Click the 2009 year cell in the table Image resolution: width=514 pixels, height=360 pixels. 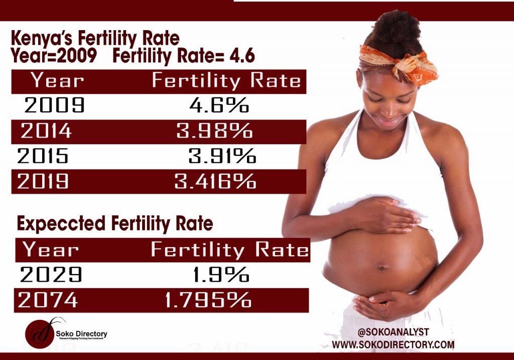[55, 105]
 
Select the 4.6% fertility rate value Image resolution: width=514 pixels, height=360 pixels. [219, 105]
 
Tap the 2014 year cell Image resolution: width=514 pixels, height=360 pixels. [46, 131]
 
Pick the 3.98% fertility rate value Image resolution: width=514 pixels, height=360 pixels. [214, 131]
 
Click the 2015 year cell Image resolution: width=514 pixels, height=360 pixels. [43, 157]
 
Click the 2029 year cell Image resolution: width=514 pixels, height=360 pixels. [51, 275]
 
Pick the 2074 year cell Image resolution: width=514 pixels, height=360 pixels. [48, 300]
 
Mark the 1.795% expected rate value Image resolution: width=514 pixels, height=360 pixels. [208, 300]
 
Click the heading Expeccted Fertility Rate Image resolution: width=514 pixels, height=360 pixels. [115, 223]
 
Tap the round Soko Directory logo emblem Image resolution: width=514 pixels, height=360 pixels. [40, 332]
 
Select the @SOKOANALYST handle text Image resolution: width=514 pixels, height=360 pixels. [393, 332]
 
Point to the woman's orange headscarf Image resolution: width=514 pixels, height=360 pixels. [402, 65]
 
